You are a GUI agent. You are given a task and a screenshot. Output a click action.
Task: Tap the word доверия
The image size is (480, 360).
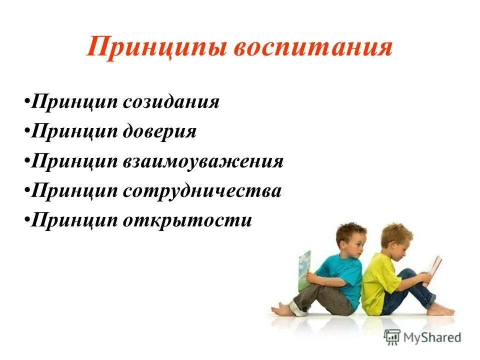tap(159, 131)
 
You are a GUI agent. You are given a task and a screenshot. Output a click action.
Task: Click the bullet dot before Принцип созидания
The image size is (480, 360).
tap(26, 103)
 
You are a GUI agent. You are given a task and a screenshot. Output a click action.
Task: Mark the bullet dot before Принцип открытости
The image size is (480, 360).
tap(26, 221)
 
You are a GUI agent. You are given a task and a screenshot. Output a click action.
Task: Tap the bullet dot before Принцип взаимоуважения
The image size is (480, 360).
tap(26, 162)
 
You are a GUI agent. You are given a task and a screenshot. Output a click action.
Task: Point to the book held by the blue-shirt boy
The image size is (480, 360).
tap(304, 270)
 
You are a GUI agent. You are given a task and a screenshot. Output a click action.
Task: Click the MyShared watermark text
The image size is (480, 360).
tap(433, 337)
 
